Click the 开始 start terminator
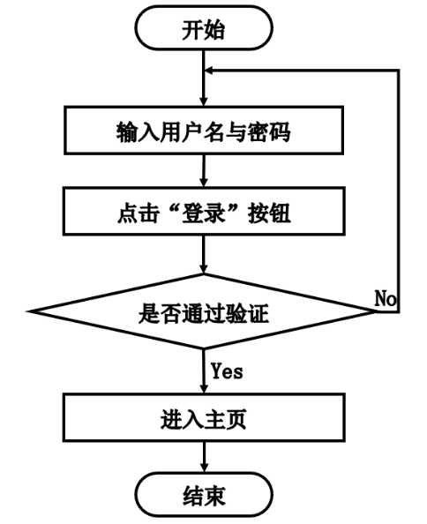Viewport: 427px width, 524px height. click(x=204, y=28)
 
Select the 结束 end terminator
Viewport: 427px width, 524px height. click(x=204, y=495)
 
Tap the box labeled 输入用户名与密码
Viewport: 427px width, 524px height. click(x=204, y=131)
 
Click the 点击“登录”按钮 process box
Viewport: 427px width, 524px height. click(x=204, y=212)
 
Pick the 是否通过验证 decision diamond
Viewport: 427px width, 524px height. click(x=204, y=311)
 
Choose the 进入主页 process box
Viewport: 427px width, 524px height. click(x=204, y=418)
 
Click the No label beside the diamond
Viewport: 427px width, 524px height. click(x=386, y=298)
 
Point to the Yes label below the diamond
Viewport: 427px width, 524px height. click(x=227, y=371)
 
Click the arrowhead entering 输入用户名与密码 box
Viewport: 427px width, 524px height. click(x=204, y=101)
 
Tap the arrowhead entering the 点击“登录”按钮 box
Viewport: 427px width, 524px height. click(x=204, y=183)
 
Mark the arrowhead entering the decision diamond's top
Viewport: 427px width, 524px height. click(x=204, y=269)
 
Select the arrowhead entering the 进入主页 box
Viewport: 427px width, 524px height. click(x=204, y=389)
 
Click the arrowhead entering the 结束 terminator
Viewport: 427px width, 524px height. click(x=204, y=468)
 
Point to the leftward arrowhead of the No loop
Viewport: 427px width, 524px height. click(x=208, y=71)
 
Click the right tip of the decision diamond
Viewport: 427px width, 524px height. click(x=376, y=311)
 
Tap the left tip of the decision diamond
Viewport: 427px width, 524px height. click(x=28, y=311)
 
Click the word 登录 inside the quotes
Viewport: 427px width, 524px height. click(x=204, y=213)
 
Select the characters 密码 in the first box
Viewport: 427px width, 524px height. click(x=269, y=131)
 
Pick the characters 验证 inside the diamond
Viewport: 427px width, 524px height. click(x=247, y=313)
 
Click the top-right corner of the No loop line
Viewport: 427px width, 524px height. click(x=398, y=71)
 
